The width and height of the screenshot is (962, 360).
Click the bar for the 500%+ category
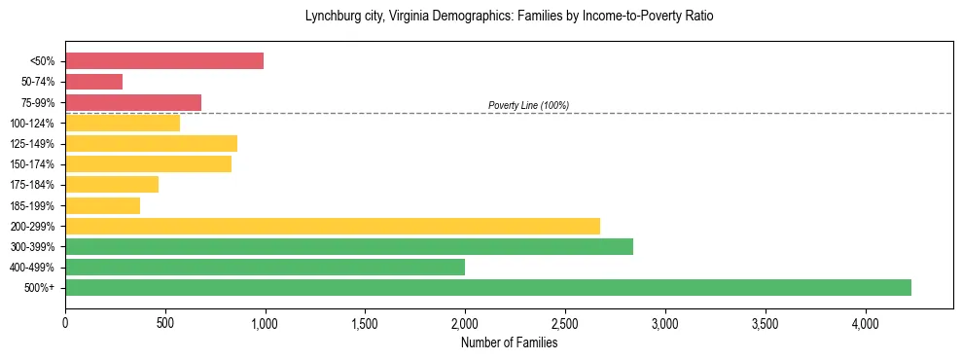(x=488, y=287)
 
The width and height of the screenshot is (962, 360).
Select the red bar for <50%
(x=164, y=60)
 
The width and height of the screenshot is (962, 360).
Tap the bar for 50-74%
(x=94, y=82)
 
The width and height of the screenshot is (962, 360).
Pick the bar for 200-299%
(x=333, y=226)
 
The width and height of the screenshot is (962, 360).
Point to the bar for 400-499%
(x=265, y=267)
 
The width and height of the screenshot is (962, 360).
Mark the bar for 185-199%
(x=102, y=205)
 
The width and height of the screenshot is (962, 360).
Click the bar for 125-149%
(x=151, y=144)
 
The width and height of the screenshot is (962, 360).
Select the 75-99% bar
(x=133, y=102)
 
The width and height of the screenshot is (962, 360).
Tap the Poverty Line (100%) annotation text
(x=528, y=105)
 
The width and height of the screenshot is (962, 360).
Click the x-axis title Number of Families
(x=509, y=342)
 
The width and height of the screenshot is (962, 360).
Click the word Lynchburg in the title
(x=332, y=17)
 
